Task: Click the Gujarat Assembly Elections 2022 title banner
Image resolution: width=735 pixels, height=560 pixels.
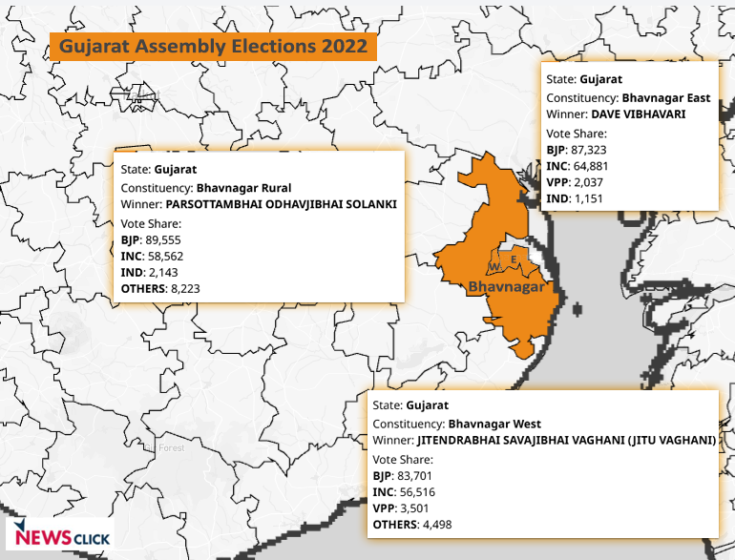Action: point(213,46)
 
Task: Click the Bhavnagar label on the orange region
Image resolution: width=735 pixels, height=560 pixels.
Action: point(506,286)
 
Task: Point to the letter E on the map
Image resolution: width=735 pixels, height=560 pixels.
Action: point(514,259)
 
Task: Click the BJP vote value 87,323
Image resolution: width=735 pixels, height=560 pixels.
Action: point(589,150)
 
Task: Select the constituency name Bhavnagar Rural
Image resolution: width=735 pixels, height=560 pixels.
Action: point(243,187)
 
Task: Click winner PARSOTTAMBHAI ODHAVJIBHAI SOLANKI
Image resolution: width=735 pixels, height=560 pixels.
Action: point(281,204)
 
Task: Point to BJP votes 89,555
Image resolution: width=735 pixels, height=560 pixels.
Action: point(163,239)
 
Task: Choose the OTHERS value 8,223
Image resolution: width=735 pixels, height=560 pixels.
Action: point(185,287)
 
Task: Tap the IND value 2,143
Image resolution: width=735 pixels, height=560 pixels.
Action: point(160,271)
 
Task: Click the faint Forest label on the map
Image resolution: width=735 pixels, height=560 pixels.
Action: point(172,447)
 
